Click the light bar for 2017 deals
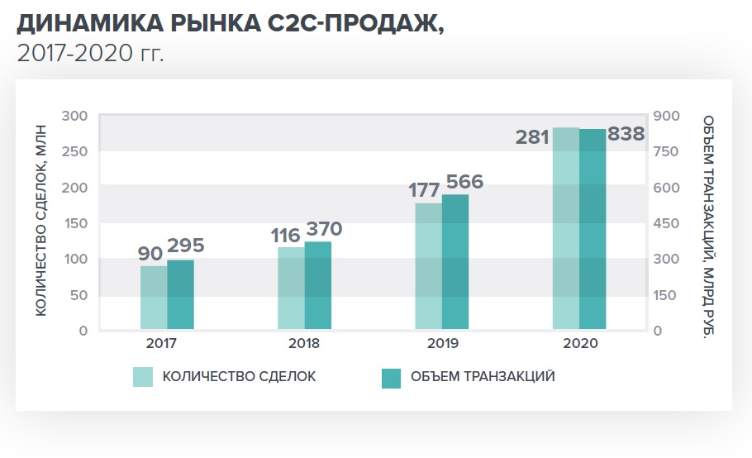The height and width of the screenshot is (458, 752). tap(154, 298)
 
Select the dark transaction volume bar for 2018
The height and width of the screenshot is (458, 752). tap(318, 285)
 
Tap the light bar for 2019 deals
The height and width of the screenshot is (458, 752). tap(428, 266)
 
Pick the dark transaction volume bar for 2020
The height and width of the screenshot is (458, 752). tap(593, 229)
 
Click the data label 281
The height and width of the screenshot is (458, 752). tap(532, 137)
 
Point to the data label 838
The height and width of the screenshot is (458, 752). tap(626, 134)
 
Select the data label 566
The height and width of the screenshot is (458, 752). tap(464, 182)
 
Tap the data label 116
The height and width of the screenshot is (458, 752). tap(285, 236)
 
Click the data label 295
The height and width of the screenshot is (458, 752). tap(185, 246)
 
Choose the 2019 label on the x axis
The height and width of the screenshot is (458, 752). tap(442, 343)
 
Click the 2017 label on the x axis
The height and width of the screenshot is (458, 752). tap(167, 343)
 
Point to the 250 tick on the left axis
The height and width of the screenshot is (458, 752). tap(75, 151)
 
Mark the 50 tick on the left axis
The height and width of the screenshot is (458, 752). tap(79, 295)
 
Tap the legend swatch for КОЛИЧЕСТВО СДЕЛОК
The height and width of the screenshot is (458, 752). tap(143, 378)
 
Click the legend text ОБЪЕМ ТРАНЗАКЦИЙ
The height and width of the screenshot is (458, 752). tap(482, 377)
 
